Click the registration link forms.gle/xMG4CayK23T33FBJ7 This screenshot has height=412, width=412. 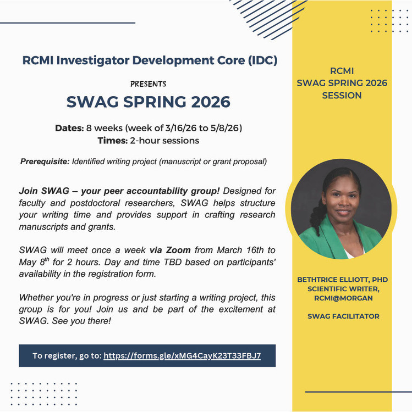(182, 355)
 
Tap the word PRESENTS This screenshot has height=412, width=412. (148, 85)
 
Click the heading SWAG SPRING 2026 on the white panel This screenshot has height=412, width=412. (149, 102)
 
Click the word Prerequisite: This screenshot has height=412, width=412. (45, 162)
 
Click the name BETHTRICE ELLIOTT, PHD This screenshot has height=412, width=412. (343, 280)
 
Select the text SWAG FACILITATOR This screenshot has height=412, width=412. (343, 316)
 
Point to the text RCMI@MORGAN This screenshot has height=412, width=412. (343, 298)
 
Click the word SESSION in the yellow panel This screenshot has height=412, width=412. (342, 95)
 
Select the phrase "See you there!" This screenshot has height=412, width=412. (81, 320)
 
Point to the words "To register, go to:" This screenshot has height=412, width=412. (66, 355)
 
